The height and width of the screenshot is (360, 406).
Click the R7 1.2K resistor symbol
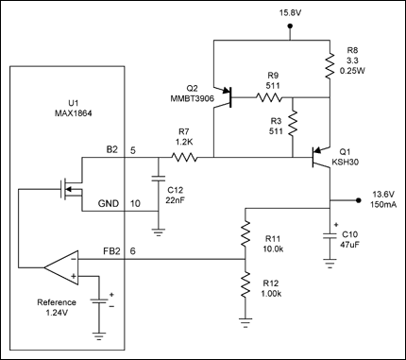tap(184, 157)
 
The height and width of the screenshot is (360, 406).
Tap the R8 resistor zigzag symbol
tap(330, 66)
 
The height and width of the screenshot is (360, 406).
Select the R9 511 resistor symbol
tap(269, 97)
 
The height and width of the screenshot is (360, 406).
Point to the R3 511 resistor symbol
tap(293, 123)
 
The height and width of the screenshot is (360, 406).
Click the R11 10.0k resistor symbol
tap(245, 233)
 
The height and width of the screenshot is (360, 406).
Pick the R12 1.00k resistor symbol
tap(245, 285)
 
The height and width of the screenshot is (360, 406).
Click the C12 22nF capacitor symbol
tap(159, 179)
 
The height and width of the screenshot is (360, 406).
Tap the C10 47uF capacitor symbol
tap(330, 235)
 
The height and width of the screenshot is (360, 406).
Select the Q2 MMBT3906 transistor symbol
tap(224, 97)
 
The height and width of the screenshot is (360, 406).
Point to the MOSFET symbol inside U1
tap(72, 189)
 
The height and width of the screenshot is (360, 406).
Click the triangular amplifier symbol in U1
tap(61, 268)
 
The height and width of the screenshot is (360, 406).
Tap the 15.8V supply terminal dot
tap(290, 27)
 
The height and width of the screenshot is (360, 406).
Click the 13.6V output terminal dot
tap(358, 200)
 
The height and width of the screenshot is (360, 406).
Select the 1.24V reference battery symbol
tap(99, 301)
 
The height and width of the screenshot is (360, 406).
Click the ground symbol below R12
tap(245, 323)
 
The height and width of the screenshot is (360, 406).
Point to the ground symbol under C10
tap(330, 264)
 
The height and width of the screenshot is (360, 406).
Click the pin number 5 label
tap(133, 150)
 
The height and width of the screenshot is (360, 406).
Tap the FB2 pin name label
tap(111, 251)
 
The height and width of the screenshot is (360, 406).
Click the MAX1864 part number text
tap(74, 113)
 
